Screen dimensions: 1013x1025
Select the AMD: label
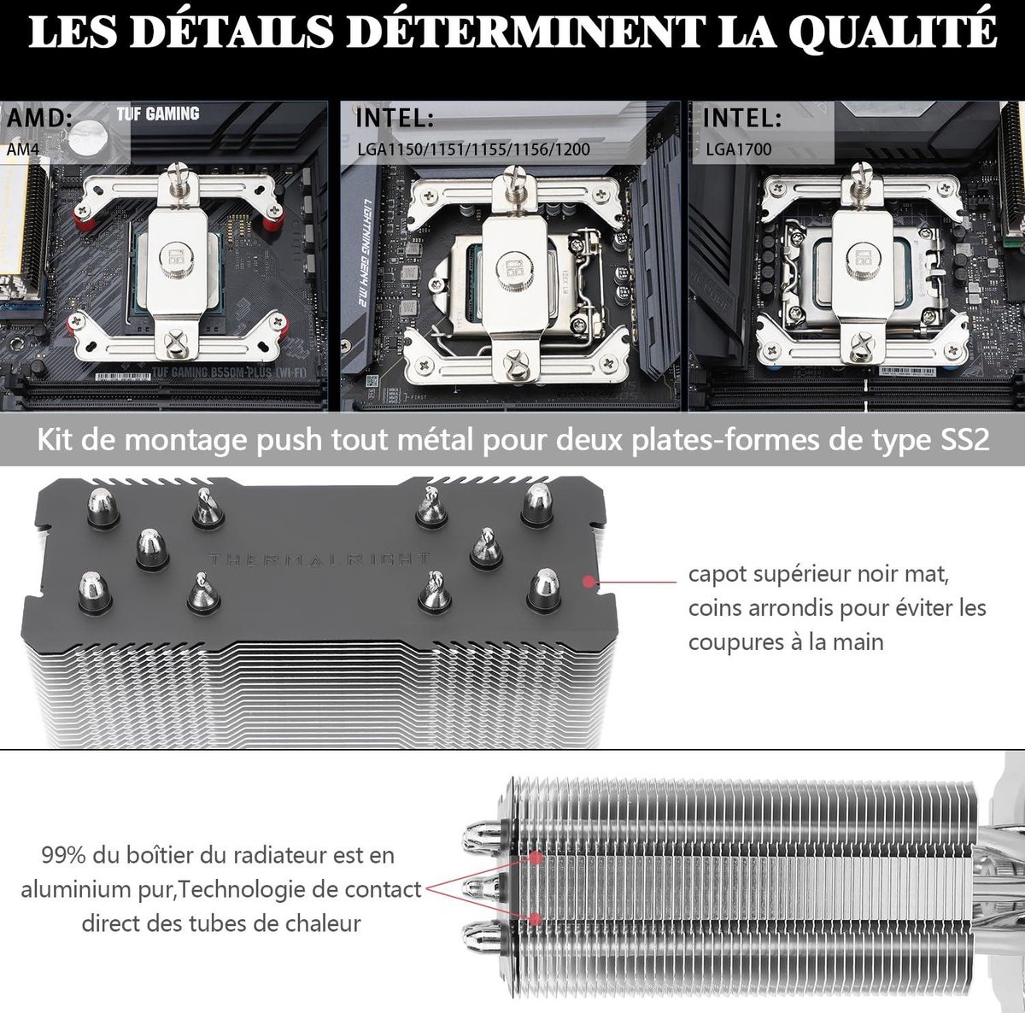click(x=37, y=117)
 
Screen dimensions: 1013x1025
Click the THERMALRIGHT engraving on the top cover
click(x=319, y=559)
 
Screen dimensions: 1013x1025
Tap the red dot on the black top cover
click(x=588, y=583)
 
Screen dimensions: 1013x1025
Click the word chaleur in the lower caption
click(x=320, y=923)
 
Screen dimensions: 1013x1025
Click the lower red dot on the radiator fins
click(x=536, y=919)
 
